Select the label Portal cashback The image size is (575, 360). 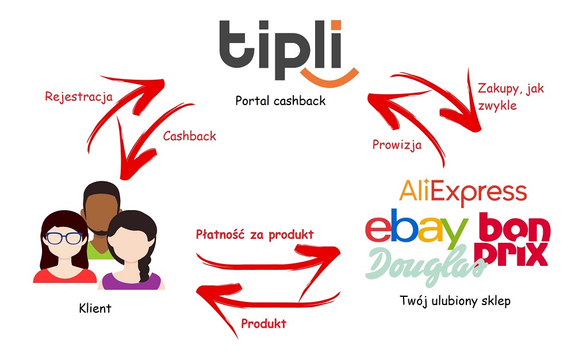click(281, 101)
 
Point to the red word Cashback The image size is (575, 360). click(189, 136)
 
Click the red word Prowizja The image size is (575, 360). click(397, 145)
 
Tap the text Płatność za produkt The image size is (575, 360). click(255, 234)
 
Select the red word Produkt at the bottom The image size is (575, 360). click(263, 324)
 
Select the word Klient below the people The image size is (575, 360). click(95, 308)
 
